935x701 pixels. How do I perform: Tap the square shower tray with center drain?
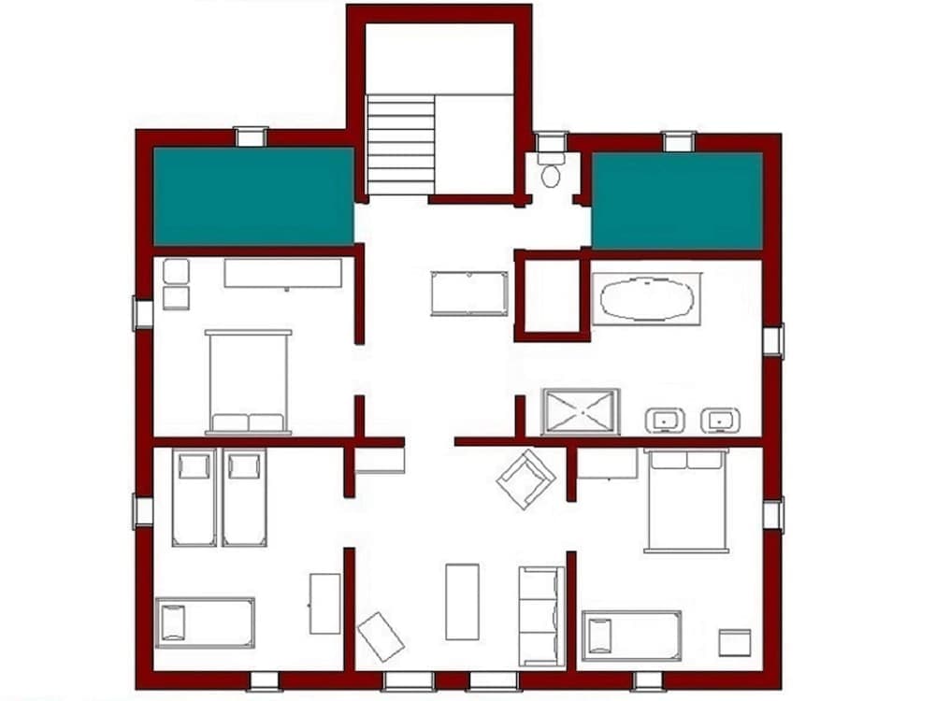coord(581,411)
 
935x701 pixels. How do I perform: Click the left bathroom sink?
coord(665,421)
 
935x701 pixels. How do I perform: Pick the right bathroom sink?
coord(720,421)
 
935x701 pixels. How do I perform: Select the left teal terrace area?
coord(253,195)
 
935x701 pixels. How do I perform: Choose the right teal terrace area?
coord(678,200)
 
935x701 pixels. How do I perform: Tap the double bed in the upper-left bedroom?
coord(248,381)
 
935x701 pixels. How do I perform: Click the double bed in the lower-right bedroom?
coord(686,500)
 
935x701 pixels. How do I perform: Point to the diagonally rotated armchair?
coord(525,479)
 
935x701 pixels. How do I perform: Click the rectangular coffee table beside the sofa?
coord(462,601)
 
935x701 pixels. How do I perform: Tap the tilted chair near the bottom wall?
coord(381,636)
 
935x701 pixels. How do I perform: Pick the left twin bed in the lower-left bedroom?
coord(194,497)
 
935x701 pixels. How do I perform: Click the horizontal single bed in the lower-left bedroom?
coord(205,622)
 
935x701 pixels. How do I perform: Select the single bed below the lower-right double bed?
coord(631,636)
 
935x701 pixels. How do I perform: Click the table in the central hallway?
coord(469,293)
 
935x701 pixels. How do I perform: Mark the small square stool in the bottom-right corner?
coord(735,642)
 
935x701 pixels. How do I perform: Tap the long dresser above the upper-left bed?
coord(283,273)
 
